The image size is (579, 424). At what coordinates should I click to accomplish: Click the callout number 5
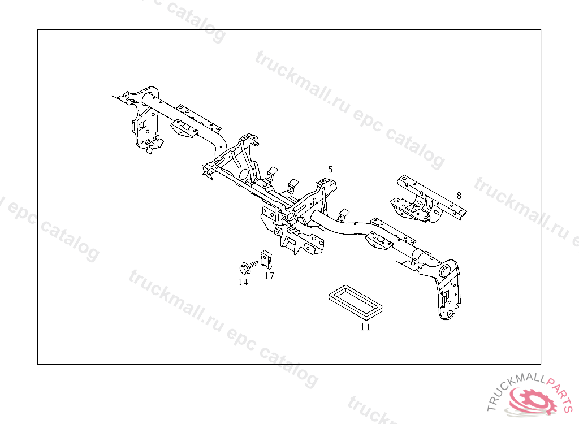(x=330, y=169)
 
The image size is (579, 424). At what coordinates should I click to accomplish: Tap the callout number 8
(x=459, y=195)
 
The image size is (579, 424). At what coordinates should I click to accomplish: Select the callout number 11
(x=365, y=327)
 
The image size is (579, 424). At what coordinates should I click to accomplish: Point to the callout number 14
(x=243, y=282)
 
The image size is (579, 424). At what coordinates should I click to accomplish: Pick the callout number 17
(x=269, y=276)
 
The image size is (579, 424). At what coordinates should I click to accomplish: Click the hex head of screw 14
(x=241, y=266)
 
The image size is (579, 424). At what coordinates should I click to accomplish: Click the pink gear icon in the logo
(x=533, y=403)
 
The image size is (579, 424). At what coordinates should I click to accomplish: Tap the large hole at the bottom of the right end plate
(x=448, y=310)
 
